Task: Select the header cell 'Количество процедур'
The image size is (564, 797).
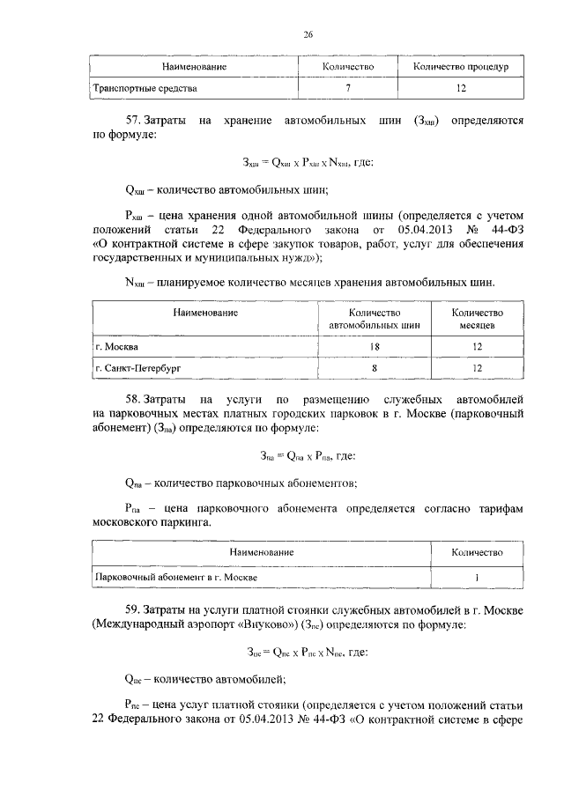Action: click(461, 67)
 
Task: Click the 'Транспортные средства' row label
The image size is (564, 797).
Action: click(146, 89)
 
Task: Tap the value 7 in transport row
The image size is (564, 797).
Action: click(349, 89)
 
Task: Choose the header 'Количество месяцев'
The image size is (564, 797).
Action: click(477, 319)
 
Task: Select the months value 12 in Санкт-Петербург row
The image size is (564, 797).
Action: click(477, 367)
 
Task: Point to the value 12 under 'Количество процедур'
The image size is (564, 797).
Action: click(461, 89)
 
